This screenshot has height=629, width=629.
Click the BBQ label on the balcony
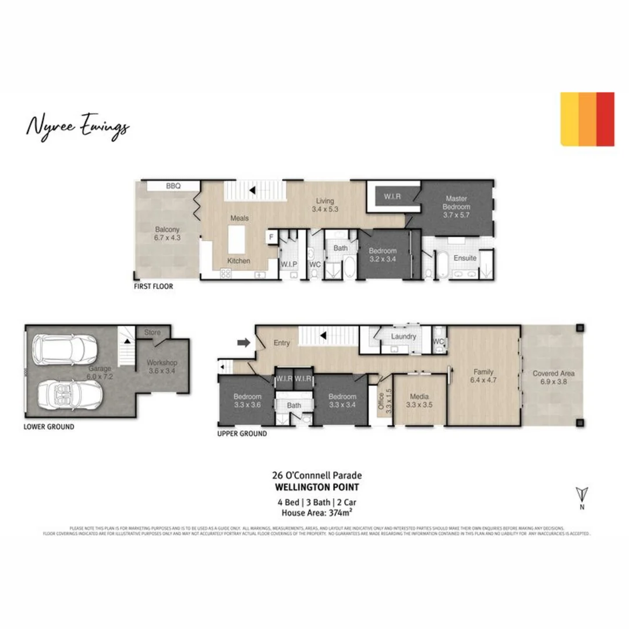[x=174, y=186]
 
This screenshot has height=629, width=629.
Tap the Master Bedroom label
[x=457, y=203]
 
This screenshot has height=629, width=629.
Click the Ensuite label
[x=465, y=257]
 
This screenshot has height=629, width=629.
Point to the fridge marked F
[x=271, y=237]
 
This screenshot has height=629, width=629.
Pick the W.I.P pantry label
[x=289, y=264]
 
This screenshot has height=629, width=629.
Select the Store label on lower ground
[x=153, y=333]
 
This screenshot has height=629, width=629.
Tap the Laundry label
[x=403, y=337]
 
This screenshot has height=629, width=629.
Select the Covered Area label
[x=554, y=373]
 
